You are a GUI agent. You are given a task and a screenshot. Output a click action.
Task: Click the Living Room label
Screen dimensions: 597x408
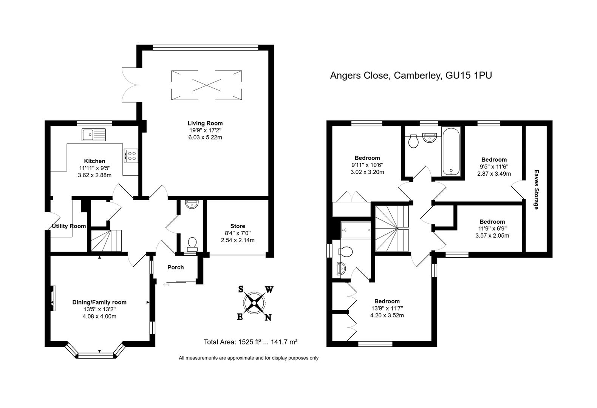(205, 124)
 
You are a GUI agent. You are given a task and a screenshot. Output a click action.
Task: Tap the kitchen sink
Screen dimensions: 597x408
(94, 134)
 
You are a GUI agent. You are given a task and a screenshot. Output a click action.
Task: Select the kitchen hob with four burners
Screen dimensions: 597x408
(131, 156)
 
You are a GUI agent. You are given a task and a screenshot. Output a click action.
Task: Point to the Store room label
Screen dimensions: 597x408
(237, 226)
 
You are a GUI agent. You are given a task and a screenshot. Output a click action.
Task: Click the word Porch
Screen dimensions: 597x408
(176, 267)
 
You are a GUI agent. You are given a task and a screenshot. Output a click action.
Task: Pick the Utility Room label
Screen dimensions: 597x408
(69, 226)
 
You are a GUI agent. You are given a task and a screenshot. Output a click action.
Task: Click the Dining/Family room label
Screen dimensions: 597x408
(99, 302)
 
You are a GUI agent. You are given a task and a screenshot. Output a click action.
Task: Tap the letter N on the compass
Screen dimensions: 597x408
(268, 317)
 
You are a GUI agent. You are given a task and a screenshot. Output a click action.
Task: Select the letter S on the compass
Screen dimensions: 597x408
(240, 289)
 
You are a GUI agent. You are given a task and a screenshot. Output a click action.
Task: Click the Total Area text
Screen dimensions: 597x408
(251, 342)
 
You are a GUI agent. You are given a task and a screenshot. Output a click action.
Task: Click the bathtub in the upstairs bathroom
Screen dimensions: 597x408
(451, 151)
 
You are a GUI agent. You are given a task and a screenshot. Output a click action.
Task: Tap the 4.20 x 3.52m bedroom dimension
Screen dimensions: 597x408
(387, 315)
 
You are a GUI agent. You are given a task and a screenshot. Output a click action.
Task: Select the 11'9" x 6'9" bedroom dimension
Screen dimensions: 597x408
(492, 229)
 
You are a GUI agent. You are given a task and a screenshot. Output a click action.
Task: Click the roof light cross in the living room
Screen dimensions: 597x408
(206, 85)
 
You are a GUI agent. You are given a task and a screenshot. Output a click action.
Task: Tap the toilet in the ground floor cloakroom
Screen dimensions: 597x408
(192, 244)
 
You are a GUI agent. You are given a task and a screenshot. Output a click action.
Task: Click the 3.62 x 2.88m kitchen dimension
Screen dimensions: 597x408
(94, 175)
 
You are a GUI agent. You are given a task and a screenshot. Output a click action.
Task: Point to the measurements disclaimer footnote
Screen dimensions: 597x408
(249, 358)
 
